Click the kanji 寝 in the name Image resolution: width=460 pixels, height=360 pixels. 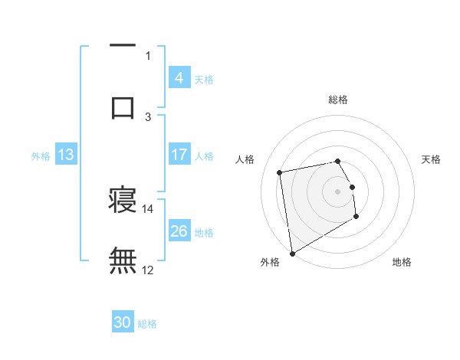pos(123,201)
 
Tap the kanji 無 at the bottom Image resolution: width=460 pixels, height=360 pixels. pos(123,260)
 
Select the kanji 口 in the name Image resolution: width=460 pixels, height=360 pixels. pos(123,107)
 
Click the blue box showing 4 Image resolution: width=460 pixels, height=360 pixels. pos(179,77)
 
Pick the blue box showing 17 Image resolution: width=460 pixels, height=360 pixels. pos(179,155)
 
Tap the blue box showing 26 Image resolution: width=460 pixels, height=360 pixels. pos(179,231)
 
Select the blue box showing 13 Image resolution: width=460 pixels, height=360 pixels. pos(66,155)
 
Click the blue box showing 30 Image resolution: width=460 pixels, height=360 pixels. pos(123,322)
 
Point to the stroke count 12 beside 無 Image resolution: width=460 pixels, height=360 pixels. pos(147,270)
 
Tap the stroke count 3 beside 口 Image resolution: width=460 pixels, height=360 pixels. pos(148,116)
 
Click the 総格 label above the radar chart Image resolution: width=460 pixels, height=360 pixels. pos(338,100)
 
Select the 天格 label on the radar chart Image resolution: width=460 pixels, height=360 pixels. pos(432,159)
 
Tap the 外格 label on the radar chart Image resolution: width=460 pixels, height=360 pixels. pos(269,262)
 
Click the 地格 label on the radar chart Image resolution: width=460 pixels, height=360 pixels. pos(402,262)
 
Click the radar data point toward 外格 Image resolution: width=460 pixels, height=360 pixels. pos(291,252)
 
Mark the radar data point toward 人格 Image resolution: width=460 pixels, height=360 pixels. pos(280,172)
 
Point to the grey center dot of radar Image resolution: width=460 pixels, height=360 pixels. pos(338,191)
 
